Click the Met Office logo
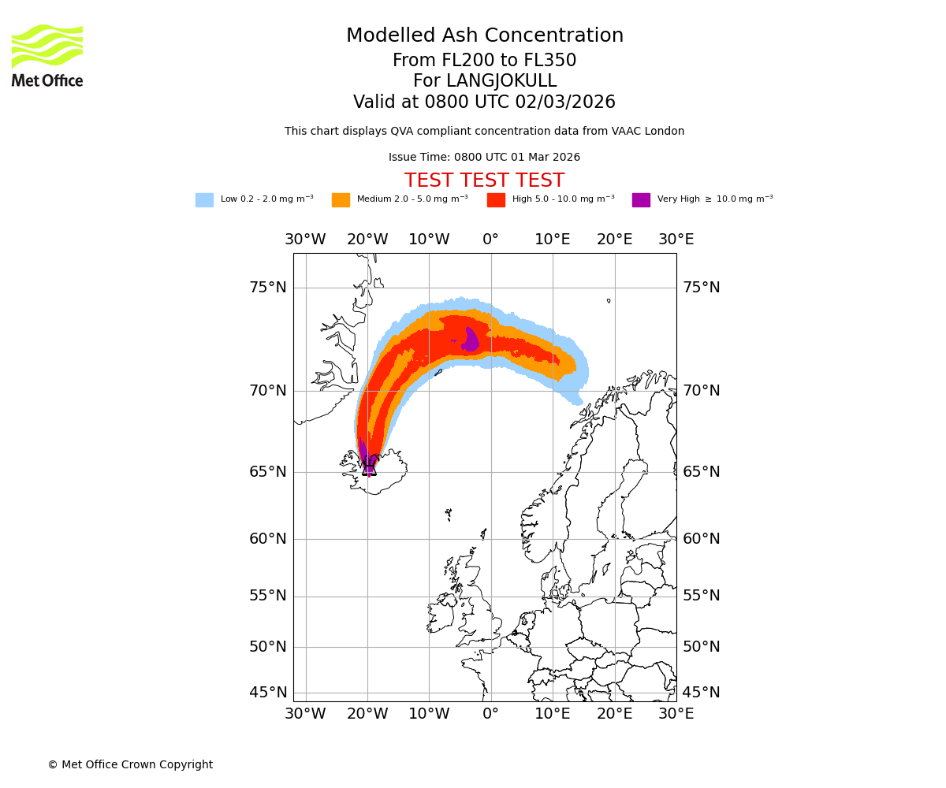click(x=47, y=55)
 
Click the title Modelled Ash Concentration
click(x=485, y=36)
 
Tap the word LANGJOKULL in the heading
click(x=501, y=81)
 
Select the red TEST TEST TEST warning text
click(x=484, y=180)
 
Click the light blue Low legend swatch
click(x=204, y=200)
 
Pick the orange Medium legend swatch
click(x=341, y=200)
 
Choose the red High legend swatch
click(x=496, y=200)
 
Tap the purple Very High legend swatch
click(x=641, y=200)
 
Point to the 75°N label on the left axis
click(x=268, y=288)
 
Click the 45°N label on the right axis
click(x=702, y=693)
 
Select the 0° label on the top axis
click(x=490, y=240)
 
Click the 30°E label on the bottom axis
click(x=676, y=714)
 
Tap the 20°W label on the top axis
click(x=367, y=240)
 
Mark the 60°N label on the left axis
click(x=268, y=539)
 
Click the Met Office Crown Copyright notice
click(x=130, y=764)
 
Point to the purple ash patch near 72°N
click(x=470, y=340)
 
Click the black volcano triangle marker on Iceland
click(x=369, y=468)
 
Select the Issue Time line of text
click(x=484, y=158)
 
